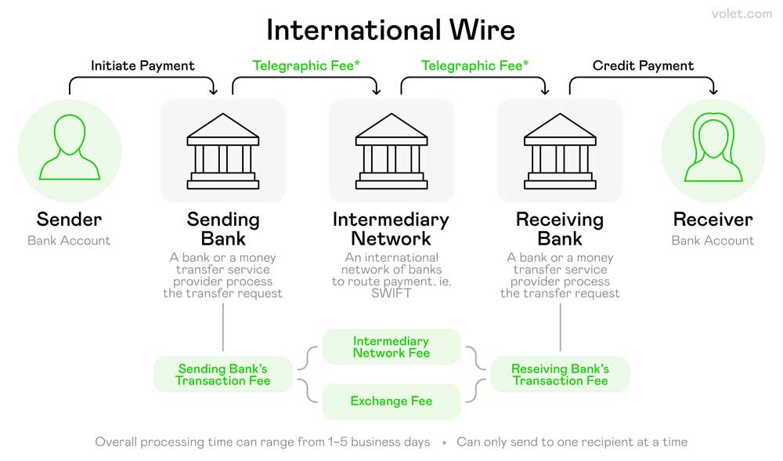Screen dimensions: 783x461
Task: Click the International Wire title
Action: [x=391, y=30]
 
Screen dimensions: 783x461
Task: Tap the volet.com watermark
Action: [x=742, y=14]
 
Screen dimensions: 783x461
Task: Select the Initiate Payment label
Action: [x=143, y=66]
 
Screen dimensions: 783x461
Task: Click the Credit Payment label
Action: [x=643, y=66]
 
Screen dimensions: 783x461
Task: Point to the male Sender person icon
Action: [x=70, y=147]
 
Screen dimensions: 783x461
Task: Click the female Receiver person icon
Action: [x=713, y=147]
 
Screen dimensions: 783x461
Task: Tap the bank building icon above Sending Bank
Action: [x=222, y=151]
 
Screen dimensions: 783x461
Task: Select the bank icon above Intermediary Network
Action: [x=391, y=151]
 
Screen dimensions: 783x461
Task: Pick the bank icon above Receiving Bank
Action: [x=560, y=151]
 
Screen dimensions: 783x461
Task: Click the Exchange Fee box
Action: [x=391, y=401]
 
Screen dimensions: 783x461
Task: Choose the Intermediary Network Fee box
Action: [x=391, y=347]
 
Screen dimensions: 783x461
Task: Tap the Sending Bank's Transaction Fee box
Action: [x=222, y=375]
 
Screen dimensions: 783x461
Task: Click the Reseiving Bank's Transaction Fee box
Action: [x=560, y=375]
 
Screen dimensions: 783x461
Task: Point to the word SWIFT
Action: [x=391, y=293]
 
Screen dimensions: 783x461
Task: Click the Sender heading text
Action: [x=69, y=219]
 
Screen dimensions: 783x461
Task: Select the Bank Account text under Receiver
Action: [x=713, y=241]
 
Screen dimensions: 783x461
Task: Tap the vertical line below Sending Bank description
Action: [x=222, y=327]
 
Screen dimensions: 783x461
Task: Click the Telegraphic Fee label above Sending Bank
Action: [x=305, y=66]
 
